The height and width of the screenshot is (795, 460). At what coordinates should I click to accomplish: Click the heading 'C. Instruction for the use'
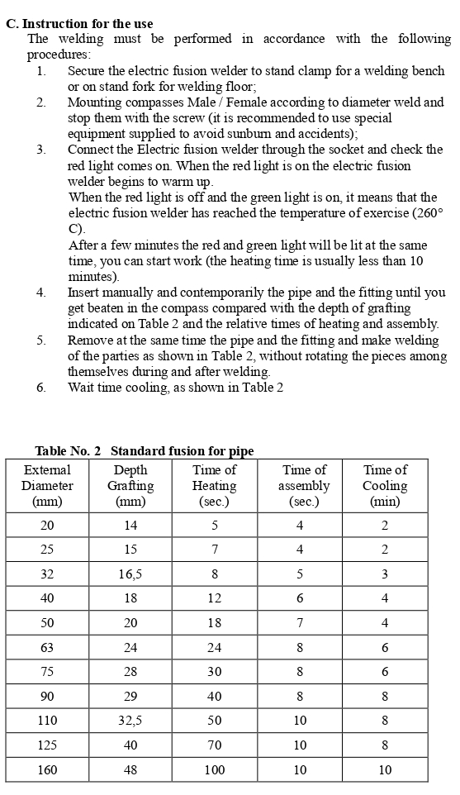pyautogui.click(x=79, y=23)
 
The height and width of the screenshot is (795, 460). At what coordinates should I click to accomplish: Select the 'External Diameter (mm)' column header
pyautogui.click(x=47, y=486)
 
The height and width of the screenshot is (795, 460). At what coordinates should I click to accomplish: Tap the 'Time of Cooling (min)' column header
pyautogui.click(x=385, y=486)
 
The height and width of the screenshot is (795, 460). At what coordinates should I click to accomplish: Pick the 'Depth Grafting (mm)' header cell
pyautogui.click(x=130, y=486)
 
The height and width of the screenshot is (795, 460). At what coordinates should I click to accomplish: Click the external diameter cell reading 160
pyautogui.click(x=47, y=769)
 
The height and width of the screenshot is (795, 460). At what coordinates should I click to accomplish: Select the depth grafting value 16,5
pyautogui.click(x=130, y=574)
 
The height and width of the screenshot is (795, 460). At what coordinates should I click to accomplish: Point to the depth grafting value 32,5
pyautogui.click(x=130, y=721)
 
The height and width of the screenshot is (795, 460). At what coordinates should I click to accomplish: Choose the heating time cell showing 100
pyautogui.click(x=214, y=769)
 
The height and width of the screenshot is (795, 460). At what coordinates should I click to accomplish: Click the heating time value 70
pyautogui.click(x=214, y=745)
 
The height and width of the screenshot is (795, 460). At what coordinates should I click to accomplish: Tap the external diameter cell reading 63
pyautogui.click(x=47, y=648)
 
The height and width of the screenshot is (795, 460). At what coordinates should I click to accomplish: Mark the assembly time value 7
pyautogui.click(x=300, y=623)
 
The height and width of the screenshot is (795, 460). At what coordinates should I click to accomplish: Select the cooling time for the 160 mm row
pyautogui.click(x=385, y=769)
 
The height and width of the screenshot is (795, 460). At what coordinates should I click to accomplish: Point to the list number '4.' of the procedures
pyautogui.click(x=40, y=293)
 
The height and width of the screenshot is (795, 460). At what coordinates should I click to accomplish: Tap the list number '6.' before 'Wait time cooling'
pyautogui.click(x=40, y=388)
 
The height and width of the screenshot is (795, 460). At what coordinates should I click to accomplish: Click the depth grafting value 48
pyautogui.click(x=130, y=769)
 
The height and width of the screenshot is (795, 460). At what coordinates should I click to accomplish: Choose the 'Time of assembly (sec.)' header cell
pyautogui.click(x=300, y=486)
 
